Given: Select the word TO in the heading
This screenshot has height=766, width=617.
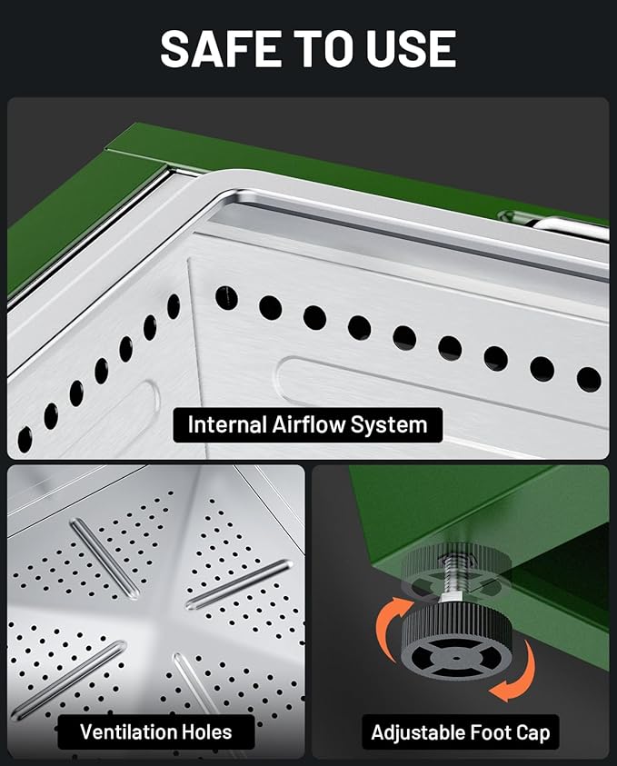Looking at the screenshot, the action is tap(323, 48).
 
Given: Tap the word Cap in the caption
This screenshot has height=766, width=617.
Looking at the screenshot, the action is tap(533, 733).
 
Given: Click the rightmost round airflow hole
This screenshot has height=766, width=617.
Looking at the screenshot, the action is tap(589, 380).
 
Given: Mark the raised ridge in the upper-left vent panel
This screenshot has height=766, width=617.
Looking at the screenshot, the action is tap(104, 559).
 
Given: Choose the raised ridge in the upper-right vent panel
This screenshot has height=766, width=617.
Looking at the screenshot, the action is tap(239, 585).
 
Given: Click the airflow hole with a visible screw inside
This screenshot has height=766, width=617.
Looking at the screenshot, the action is tap(226, 298).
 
